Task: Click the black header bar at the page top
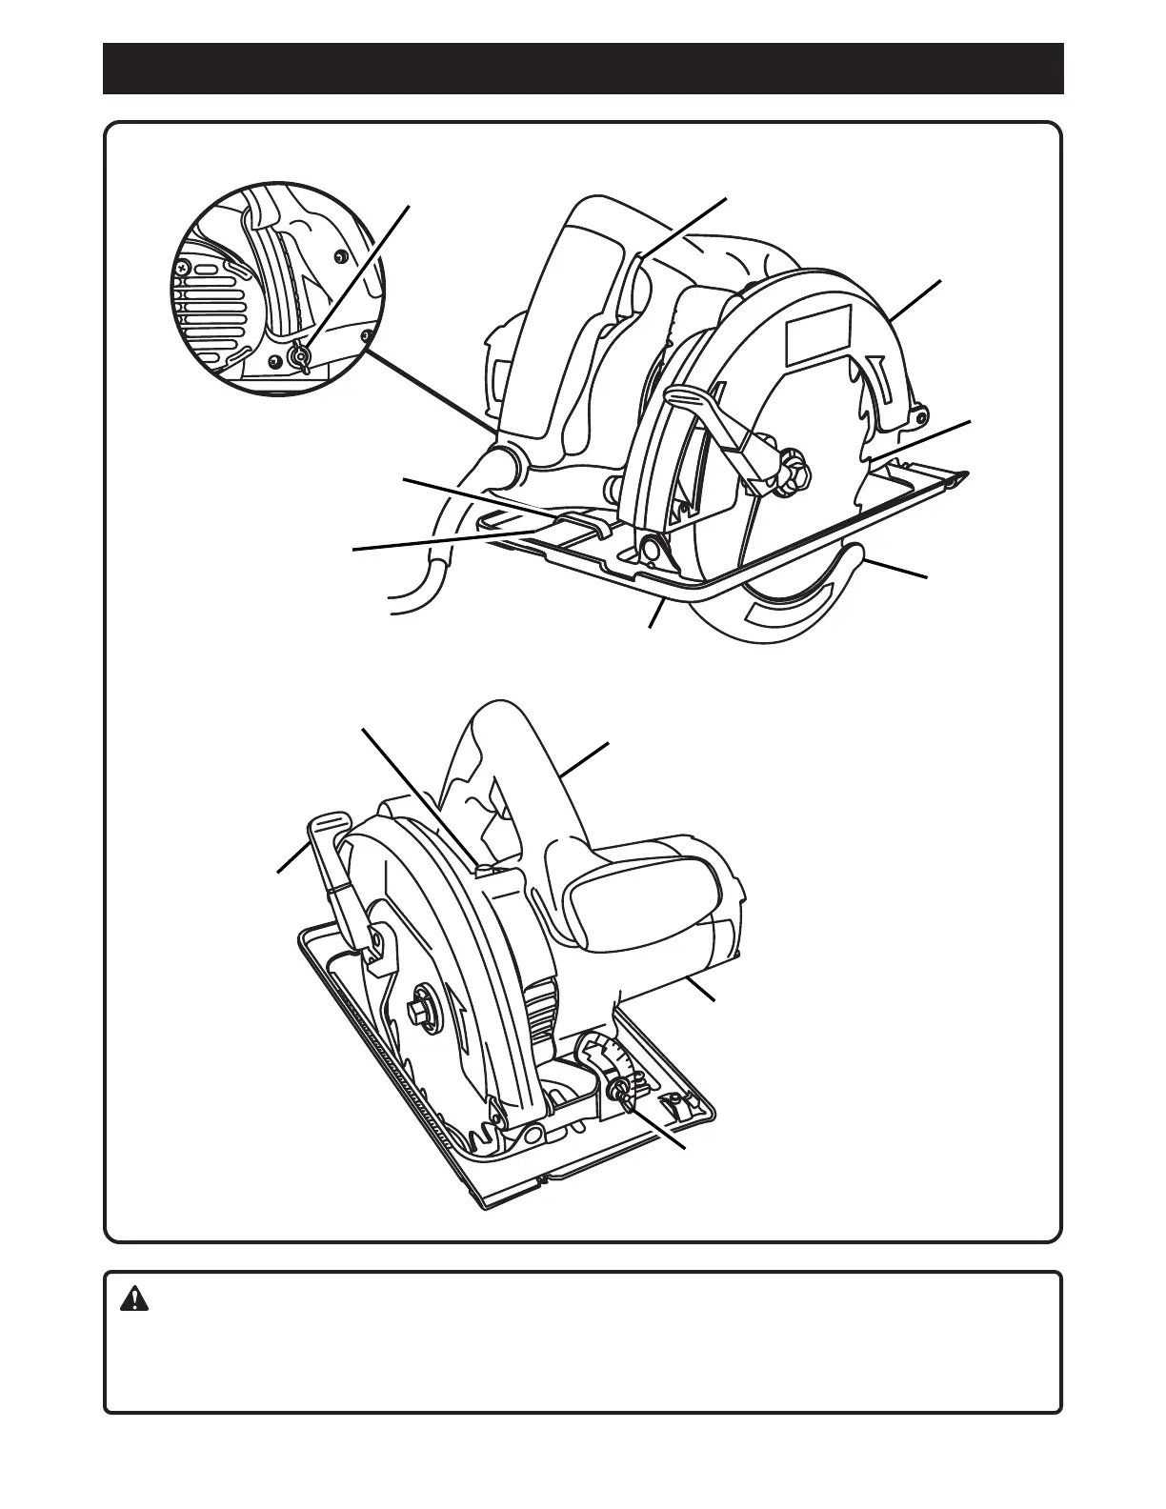[x=583, y=69]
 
